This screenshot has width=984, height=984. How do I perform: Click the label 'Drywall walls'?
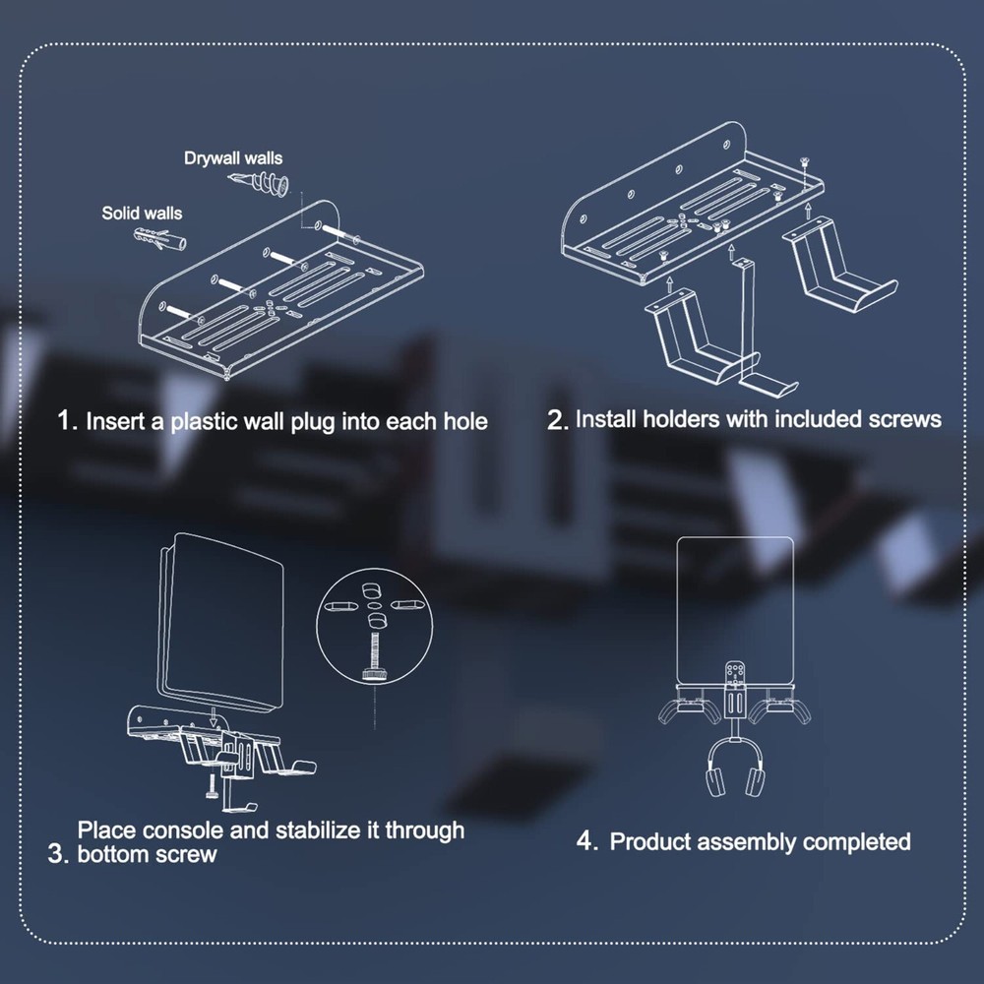(x=233, y=157)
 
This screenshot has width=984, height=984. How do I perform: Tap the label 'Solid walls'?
(x=142, y=213)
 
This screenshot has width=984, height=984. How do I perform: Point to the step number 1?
(x=66, y=422)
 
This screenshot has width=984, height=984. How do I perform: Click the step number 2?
(x=557, y=420)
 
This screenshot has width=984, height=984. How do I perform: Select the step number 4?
(x=586, y=842)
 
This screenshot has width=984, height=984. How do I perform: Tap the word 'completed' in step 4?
(x=856, y=842)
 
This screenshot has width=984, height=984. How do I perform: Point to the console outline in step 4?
(x=737, y=600)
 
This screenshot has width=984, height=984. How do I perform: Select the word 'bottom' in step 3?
(x=111, y=854)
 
